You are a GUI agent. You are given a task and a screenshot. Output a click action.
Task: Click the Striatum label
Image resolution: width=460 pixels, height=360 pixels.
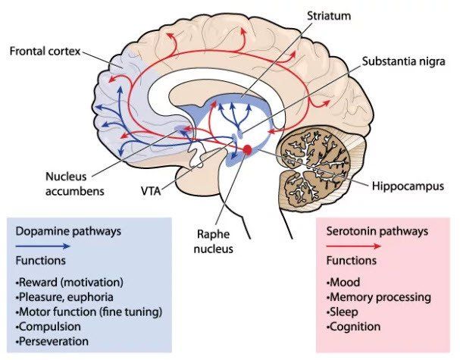(329, 16)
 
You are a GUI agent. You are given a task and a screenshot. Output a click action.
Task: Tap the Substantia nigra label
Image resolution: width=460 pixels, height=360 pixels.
(403, 61)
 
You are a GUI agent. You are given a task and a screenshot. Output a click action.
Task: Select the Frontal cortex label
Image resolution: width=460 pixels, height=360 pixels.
(45, 51)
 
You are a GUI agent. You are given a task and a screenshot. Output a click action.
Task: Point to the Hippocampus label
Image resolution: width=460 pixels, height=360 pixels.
(408, 186)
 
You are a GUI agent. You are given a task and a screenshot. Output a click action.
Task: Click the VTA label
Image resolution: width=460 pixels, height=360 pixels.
(151, 191)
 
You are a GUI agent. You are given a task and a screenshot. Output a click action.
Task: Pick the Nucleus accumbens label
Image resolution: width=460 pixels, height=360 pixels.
(75, 184)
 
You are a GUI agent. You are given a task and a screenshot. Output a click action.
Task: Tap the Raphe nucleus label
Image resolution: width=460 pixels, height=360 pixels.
(213, 242)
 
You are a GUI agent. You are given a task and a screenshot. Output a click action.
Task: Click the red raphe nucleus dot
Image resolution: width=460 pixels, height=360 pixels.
(247, 149)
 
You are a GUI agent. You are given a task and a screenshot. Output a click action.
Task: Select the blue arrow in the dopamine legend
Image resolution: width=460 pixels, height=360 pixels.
(43, 246)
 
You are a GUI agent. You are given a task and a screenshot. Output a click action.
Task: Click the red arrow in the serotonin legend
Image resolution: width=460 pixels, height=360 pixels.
(354, 246)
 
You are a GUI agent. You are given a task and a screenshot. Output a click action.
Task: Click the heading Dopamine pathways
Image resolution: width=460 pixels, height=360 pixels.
(68, 231)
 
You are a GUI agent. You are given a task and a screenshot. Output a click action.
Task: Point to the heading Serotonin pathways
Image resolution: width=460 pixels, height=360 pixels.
(377, 231)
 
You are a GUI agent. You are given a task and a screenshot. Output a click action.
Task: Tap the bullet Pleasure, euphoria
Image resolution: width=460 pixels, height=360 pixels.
(64, 297)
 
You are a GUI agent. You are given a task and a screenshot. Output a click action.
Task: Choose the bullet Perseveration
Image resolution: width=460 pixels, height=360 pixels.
(52, 341)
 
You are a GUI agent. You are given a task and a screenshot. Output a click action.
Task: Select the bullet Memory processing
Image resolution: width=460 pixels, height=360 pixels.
(379, 297)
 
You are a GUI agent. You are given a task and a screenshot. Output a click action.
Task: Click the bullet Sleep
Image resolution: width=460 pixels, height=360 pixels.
(343, 312)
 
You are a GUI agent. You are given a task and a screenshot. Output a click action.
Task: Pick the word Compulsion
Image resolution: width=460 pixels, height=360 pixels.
(50, 327)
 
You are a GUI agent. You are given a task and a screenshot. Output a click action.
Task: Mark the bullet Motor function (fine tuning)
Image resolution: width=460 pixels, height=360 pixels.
(89, 311)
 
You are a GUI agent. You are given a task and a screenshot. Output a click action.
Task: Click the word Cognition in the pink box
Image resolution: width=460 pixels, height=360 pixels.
(355, 327)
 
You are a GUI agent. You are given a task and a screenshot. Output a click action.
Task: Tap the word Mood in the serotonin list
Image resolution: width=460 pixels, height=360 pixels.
(345, 282)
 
